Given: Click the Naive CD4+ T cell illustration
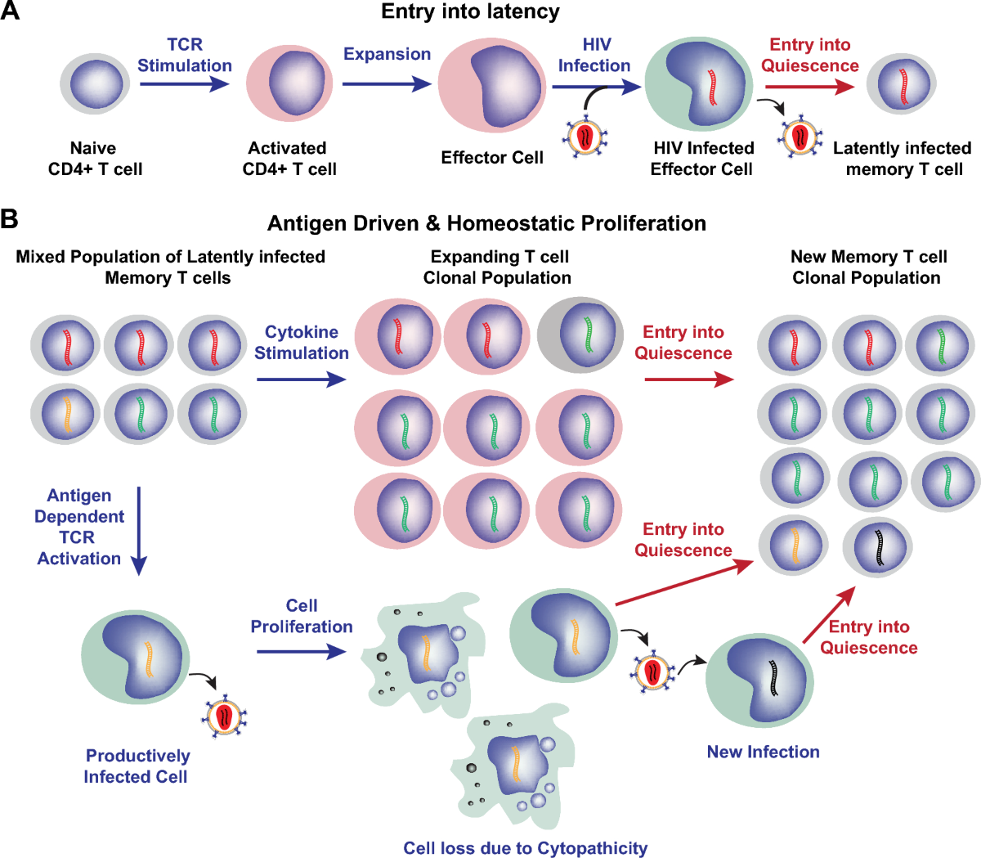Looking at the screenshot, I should coord(96,83).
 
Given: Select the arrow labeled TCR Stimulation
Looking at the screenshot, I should coord(185,83).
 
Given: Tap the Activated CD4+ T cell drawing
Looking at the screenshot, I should coord(289,83).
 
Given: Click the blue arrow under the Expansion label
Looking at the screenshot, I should coord(386,83).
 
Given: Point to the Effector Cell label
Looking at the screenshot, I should coord(492,158).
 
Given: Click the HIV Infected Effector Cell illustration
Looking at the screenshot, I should coord(699,83).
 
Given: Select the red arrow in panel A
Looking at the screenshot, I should coord(809,84).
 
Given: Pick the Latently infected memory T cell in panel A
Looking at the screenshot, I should coord(902,84).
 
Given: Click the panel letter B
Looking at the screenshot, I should coord(10,218).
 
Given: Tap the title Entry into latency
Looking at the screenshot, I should coord(470,11).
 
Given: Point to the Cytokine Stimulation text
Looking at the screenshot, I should coord(301,343).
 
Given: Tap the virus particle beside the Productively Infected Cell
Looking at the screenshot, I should coord(224,717).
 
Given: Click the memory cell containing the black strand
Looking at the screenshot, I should coord(878,546).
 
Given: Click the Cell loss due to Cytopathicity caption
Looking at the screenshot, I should coord(525,848).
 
